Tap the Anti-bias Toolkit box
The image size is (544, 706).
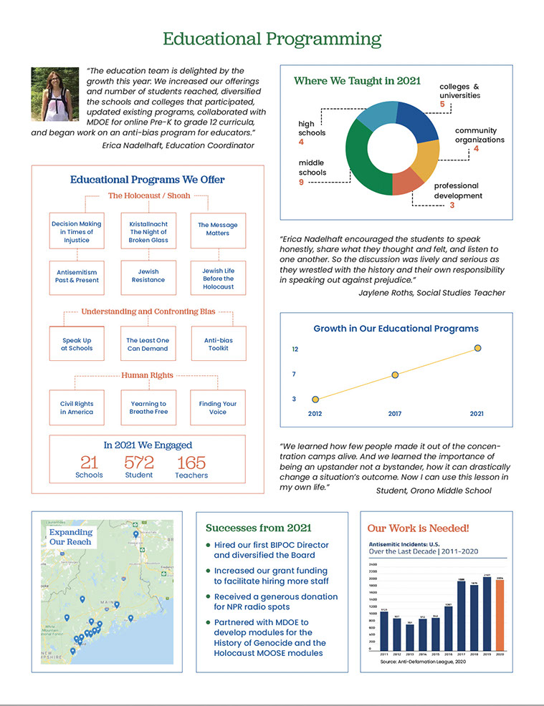coord(218,344)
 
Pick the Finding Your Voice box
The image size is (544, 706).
coord(218,407)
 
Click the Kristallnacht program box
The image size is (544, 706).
coord(148,232)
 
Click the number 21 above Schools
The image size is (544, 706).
coord(89,462)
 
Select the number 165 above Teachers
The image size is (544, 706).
coord(191,462)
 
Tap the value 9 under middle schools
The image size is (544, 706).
coord(301,183)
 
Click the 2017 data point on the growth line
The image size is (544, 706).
coord(395,375)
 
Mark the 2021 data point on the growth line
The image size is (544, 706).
coord(477,348)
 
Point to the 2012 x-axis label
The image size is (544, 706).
coord(315,414)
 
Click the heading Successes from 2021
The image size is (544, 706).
coord(258,528)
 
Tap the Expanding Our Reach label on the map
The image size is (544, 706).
coord(72,537)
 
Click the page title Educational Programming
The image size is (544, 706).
coord(272,39)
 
